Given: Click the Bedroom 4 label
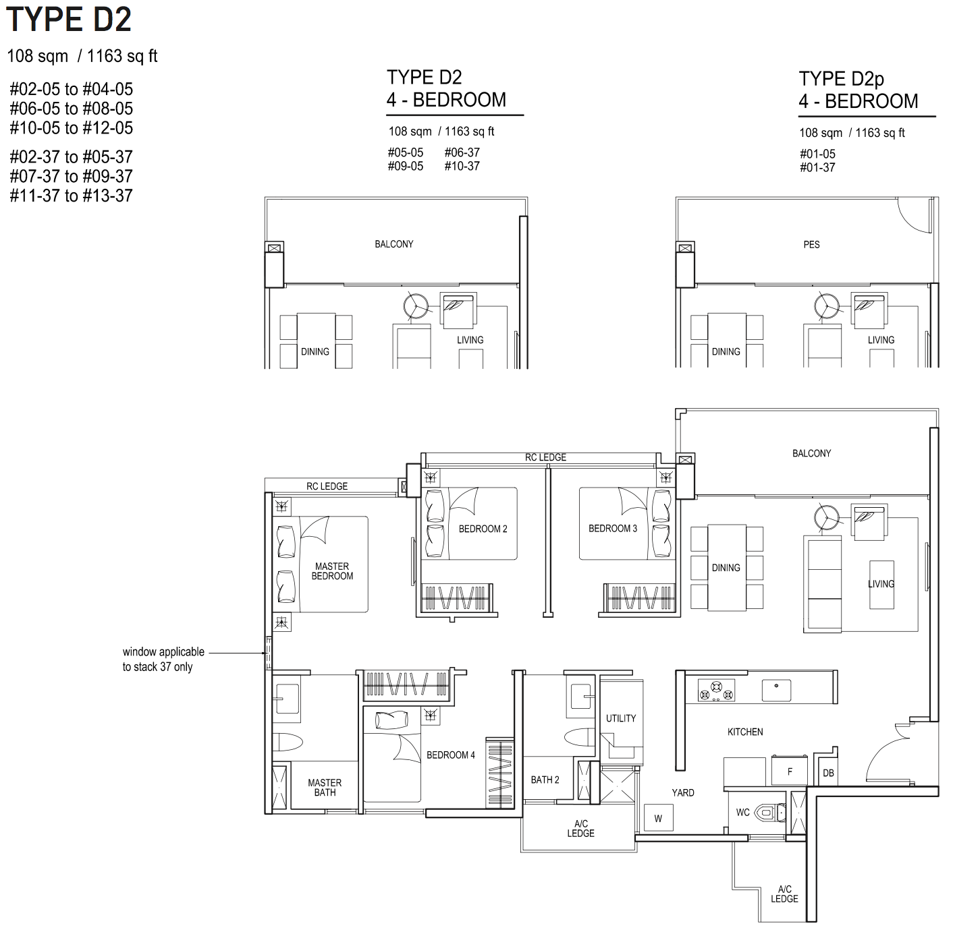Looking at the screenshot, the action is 451,755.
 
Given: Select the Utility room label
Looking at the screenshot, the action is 621,718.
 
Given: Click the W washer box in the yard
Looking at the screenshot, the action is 658,818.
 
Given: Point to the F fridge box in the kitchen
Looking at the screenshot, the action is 789,771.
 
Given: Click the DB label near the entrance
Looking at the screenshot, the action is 828,773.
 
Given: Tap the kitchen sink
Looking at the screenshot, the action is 776,690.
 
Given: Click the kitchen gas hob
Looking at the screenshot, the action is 716,691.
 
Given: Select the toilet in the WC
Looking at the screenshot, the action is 771,812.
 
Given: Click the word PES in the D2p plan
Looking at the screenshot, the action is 811,244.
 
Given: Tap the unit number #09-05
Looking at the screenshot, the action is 405,166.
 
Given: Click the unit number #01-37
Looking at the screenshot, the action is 817,167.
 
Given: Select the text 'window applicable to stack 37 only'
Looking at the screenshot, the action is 163,659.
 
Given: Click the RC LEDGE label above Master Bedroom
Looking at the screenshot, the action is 327,486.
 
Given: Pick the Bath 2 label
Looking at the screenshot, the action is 545,780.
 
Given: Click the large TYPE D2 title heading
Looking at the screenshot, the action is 69,20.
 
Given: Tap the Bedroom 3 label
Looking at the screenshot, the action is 613,528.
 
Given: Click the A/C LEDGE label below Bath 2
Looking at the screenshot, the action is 580,828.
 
